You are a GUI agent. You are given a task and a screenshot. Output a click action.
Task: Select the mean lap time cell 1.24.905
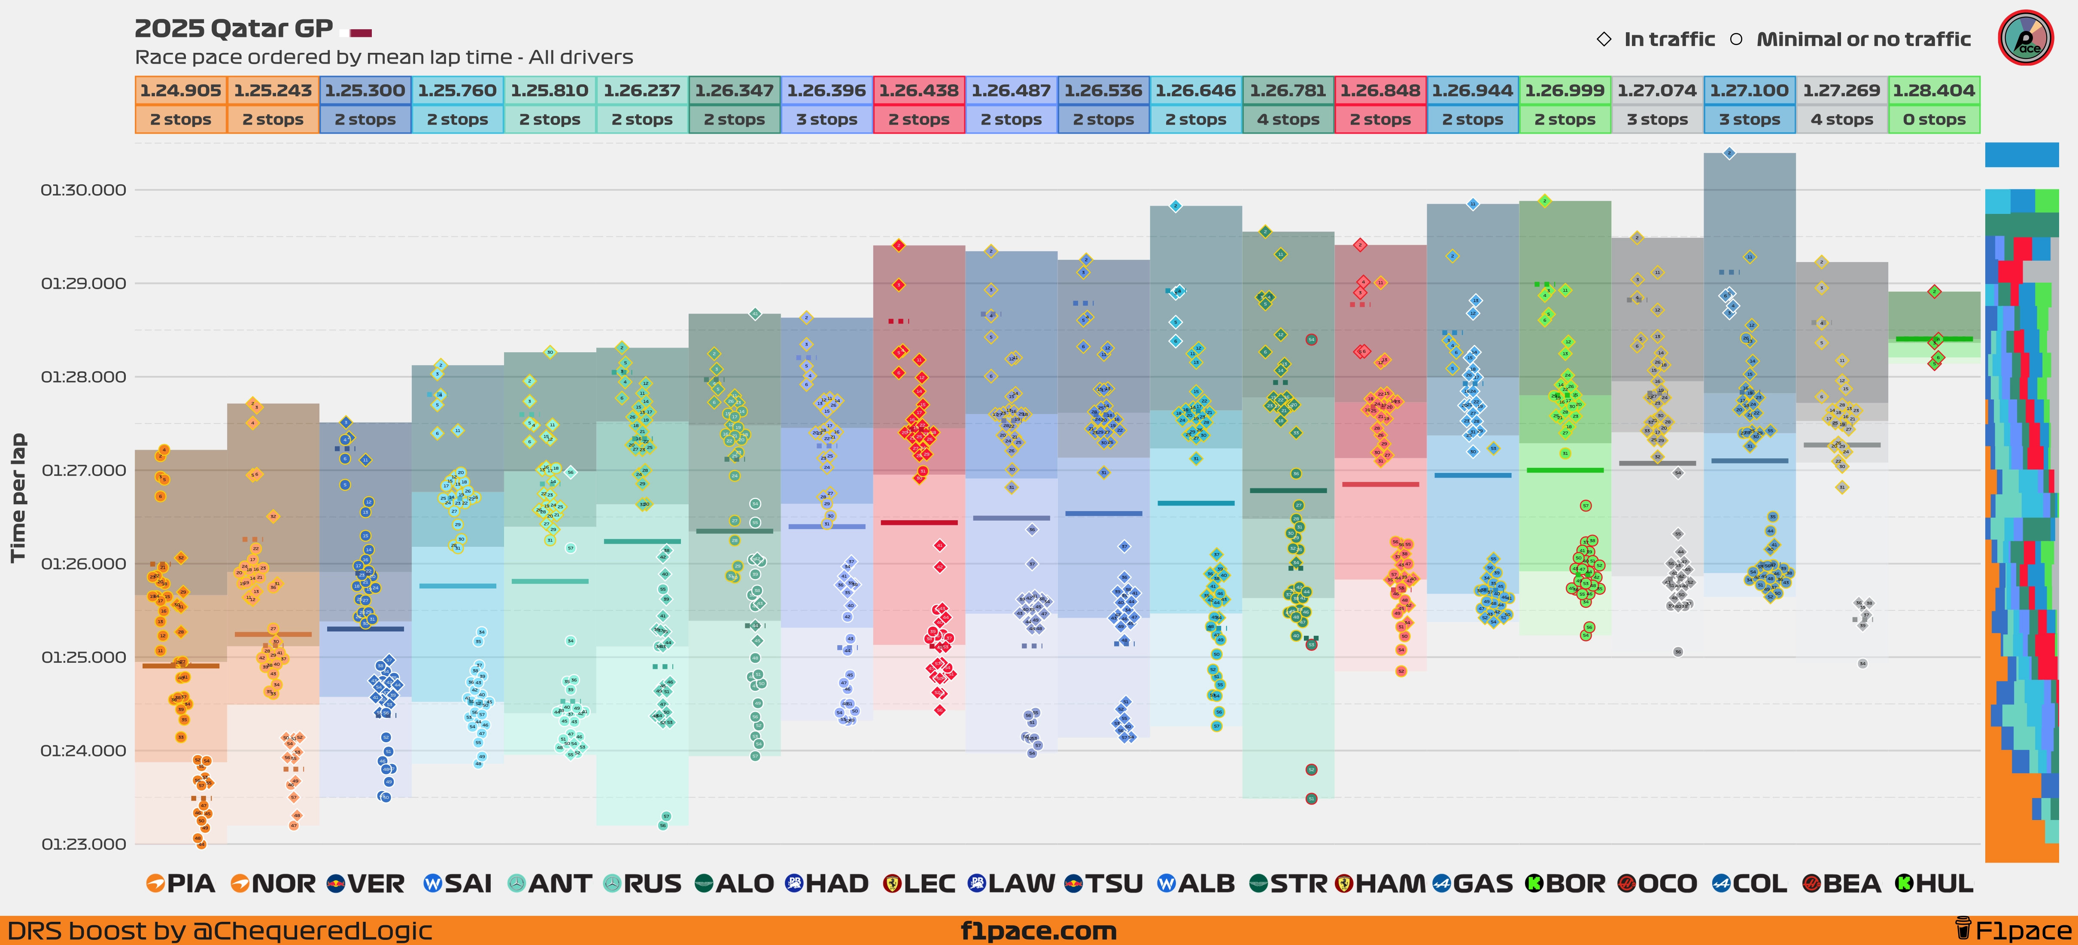coord(181,90)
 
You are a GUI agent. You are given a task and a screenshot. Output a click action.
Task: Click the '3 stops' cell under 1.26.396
coord(827,119)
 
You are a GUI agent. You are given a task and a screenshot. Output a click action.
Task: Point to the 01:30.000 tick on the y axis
coord(83,190)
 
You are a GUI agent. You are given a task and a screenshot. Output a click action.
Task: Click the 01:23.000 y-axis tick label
coord(83,844)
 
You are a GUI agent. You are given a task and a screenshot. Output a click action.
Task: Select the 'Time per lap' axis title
coord(18,498)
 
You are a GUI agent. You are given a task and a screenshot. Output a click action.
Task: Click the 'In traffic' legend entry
coord(1668,40)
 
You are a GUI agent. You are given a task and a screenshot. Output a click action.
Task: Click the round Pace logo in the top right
coord(2026,38)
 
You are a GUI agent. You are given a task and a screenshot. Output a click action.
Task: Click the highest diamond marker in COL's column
coord(1729,152)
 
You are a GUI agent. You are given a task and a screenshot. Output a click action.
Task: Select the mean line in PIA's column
coord(181,666)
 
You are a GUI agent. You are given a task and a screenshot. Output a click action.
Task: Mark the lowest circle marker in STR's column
coord(1312,798)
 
